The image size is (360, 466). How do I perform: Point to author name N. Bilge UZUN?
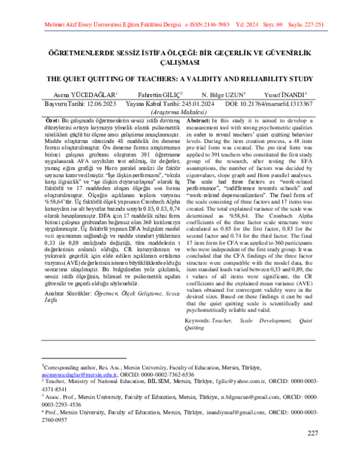224,95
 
